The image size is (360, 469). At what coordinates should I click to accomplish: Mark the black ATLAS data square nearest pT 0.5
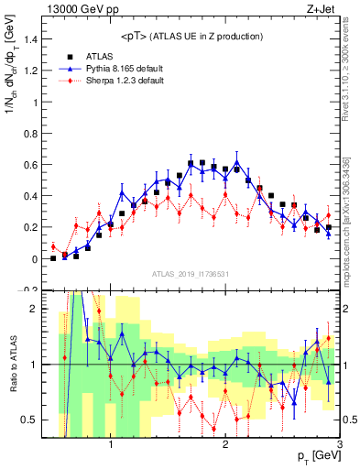click(x=53, y=258)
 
